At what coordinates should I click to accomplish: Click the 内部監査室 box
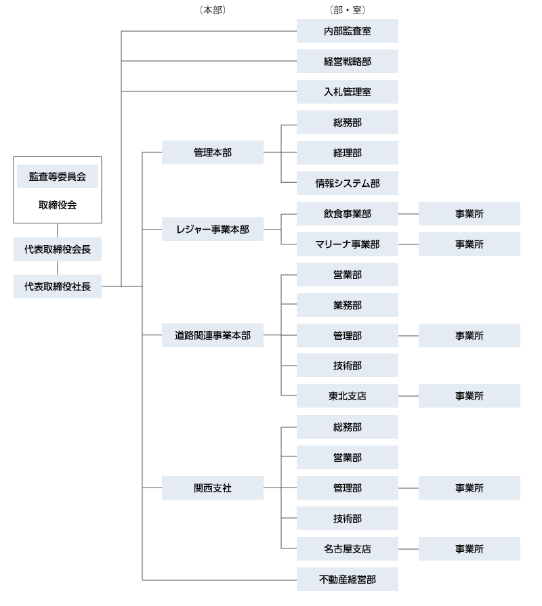click(x=347, y=31)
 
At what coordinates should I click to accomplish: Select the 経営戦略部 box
click(x=347, y=62)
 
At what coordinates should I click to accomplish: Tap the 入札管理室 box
click(x=347, y=92)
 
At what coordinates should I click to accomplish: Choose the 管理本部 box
click(x=212, y=152)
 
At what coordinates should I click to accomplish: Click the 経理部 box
click(x=347, y=153)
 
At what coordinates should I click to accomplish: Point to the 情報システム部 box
click(x=347, y=183)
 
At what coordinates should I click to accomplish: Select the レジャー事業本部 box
click(x=212, y=230)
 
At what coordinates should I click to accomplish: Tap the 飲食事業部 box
click(x=347, y=214)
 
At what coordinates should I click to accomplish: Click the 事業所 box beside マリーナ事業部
click(x=469, y=244)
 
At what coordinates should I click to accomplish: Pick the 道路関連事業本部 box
click(x=212, y=335)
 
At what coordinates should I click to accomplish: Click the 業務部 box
click(x=347, y=305)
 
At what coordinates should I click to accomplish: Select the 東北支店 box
click(x=347, y=396)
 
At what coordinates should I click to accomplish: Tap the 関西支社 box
click(x=212, y=488)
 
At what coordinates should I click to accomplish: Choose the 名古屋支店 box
click(x=347, y=548)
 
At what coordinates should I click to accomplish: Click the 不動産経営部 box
click(x=347, y=580)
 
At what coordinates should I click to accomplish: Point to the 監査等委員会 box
click(x=58, y=177)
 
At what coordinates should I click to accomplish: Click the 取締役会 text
click(x=58, y=205)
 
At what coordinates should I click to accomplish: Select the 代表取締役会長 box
click(x=58, y=249)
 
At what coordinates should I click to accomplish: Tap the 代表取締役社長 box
click(x=58, y=286)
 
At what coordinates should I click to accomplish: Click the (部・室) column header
click(x=347, y=10)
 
